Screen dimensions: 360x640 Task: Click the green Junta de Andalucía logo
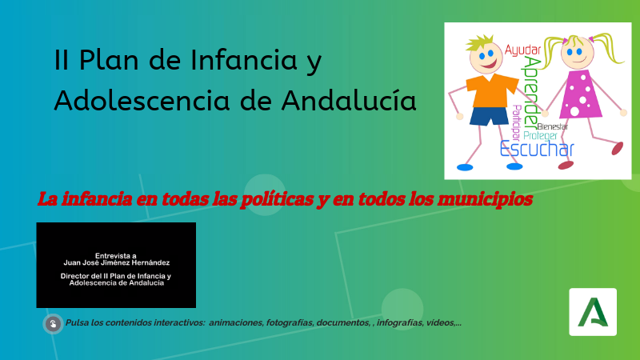click(x=593, y=311)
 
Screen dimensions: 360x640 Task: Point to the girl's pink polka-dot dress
click(x=582, y=94)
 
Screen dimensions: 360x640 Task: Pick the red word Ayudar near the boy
click(x=523, y=50)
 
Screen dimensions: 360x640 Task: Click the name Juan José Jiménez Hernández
click(x=116, y=262)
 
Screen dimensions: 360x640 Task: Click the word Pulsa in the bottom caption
click(x=78, y=323)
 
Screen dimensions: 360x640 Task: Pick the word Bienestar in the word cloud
click(x=554, y=126)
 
